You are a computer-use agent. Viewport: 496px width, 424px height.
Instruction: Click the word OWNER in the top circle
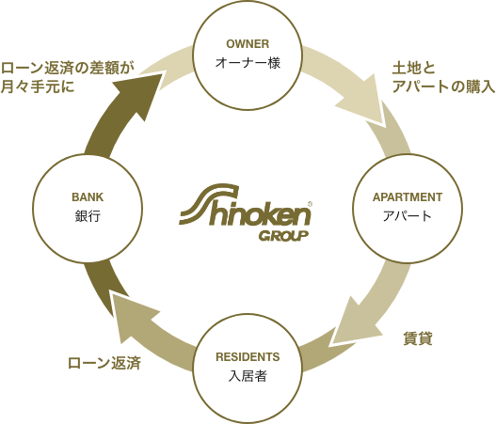click(x=248, y=44)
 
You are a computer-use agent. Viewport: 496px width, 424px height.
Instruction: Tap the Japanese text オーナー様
click(x=248, y=63)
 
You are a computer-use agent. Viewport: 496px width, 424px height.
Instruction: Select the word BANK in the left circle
click(x=88, y=197)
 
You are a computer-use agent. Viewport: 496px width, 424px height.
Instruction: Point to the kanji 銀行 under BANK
click(x=88, y=216)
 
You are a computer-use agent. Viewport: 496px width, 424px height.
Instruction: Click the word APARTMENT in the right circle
click(x=408, y=197)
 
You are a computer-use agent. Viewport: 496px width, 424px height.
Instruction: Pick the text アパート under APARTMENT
click(x=408, y=216)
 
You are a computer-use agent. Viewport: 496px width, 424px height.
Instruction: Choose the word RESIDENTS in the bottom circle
click(x=248, y=357)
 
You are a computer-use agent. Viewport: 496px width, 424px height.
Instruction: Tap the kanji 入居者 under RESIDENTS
click(x=248, y=376)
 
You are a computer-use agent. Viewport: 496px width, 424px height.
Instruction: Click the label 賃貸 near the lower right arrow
click(x=418, y=338)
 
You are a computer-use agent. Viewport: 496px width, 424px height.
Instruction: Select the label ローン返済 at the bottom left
click(x=104, y=363)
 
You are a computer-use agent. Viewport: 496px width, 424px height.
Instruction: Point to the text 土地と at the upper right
click(x=414, y=69)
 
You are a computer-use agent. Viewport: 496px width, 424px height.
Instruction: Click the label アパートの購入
click(x=443, y=86)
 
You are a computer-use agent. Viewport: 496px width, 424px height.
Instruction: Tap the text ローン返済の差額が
click(x=68, y=69)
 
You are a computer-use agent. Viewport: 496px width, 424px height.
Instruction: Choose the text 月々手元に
click(x=38, y=86)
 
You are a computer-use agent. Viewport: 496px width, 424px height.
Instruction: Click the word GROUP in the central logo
click(x=283, y=236)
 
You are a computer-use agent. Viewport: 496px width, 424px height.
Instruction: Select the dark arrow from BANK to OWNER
click(x=120, y=120)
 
